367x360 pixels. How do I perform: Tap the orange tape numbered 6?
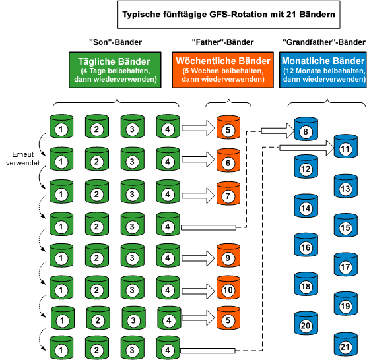[226, 162]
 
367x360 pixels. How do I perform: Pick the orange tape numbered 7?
[226, 196]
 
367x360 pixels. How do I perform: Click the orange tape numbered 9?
[226, 259]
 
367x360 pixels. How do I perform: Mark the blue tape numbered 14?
[306, 208]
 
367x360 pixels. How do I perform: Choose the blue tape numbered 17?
[345, 267]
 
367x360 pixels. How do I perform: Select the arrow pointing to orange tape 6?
[196, 162]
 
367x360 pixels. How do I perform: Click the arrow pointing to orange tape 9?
[196, 258]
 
